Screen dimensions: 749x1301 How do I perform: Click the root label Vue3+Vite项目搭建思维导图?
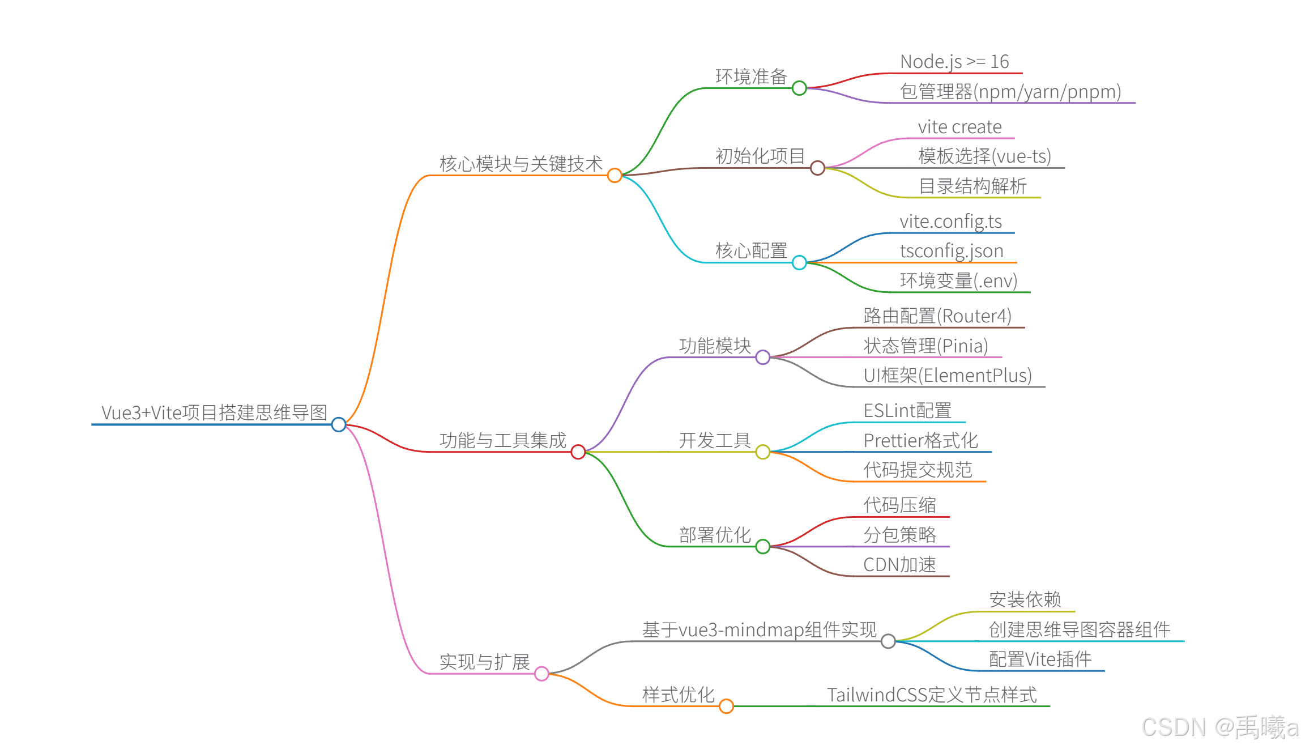click(x=214, y=412)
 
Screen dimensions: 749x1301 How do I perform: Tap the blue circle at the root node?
click(x=339, y=424)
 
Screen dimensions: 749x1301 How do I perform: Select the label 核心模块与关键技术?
click(x=521, y=164)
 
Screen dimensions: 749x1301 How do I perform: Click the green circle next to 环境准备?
click(x=799, y=88)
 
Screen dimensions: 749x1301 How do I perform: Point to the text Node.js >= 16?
click(x=954, y=62)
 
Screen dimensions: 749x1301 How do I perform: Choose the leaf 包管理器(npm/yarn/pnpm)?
click(x=1010, y=92)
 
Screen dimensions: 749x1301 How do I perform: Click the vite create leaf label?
click(x=959, y=127)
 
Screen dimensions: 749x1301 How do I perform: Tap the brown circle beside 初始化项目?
click(x=817, y=168)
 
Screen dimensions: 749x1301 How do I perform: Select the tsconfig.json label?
click(x=952, y=251)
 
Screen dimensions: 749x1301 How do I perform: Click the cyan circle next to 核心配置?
click(x=799, y=262)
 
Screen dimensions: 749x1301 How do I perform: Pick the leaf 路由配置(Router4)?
click(x=937, y=316)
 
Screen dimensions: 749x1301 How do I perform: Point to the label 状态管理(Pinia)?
click(x=925, y=346)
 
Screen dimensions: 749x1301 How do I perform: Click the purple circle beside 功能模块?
click(x=763, y=357)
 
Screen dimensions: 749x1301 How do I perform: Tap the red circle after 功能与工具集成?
click(x=578, y=452)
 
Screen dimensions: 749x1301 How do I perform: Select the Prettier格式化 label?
click(x=920, y=440)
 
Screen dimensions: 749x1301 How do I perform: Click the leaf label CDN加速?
click(x=899, y=565)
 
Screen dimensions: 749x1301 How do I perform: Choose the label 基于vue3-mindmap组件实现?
click(x=759, y=629)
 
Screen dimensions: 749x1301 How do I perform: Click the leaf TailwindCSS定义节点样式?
click(x=932, y=695)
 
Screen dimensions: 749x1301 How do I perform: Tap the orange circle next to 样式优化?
click(x=726, y=706)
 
